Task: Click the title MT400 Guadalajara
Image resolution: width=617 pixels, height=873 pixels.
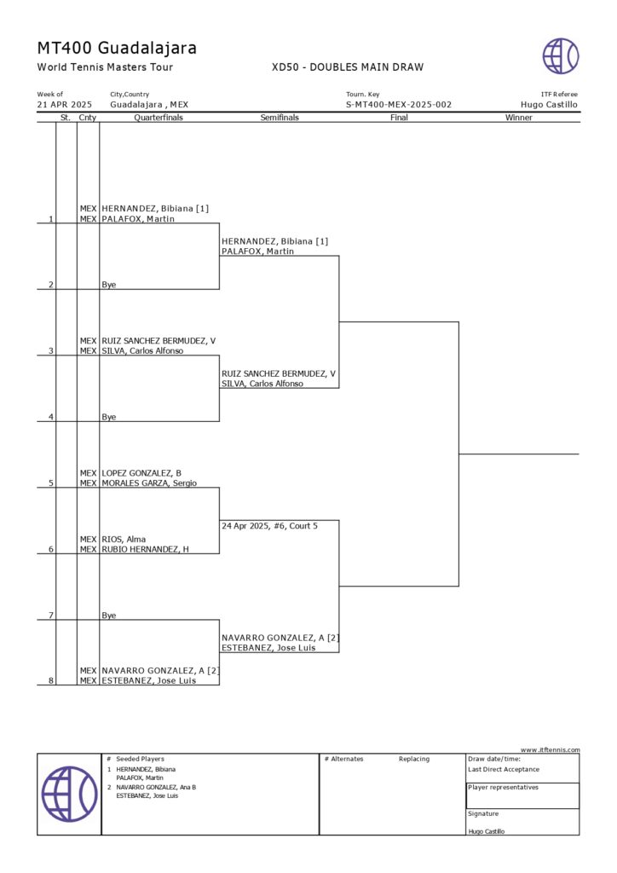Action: (117, 48)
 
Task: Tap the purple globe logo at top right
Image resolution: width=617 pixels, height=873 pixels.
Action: (560, 56)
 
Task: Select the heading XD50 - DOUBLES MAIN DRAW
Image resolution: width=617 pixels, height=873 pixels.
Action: (347, 67)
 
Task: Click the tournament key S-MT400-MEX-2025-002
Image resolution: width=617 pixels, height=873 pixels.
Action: (398, 105)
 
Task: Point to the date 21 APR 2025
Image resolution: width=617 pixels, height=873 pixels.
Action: (65, 105)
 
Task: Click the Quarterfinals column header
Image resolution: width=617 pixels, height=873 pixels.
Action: (159, 118)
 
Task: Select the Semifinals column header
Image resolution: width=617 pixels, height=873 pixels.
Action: (280, 118)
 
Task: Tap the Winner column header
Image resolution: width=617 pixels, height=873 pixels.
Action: (518, 118)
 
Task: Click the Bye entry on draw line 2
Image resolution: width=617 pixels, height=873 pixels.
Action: (109, 285)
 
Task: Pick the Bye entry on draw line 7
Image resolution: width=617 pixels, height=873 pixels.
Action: (109, 616)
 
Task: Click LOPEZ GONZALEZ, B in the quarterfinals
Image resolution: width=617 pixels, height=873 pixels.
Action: (141, 473)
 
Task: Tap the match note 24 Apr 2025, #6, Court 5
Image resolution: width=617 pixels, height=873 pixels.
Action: (269, 526)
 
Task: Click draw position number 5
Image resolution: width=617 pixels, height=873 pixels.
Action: (51, 483)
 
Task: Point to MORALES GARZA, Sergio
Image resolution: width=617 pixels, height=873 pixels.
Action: (149, 483)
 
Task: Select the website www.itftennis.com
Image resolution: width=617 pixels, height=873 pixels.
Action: (550, 750)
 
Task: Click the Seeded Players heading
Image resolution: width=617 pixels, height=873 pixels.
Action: (140, 759)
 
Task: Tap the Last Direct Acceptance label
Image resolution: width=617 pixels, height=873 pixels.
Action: (504, 769)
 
